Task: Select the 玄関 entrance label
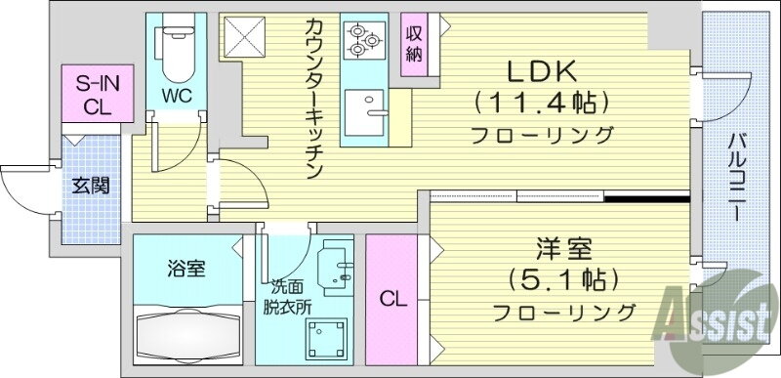click(x=90, y=186)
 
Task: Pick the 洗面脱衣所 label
click(x=290, y=296)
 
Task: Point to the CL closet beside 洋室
click(x=390, y=298)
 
